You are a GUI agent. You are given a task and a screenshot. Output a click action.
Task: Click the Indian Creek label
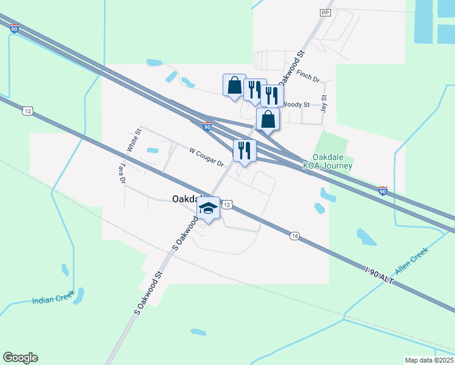54,298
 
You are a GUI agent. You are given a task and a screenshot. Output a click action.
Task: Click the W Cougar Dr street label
207,157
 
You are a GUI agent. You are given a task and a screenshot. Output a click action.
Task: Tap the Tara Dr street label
123,173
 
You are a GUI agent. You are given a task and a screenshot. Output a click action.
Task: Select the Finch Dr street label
308,78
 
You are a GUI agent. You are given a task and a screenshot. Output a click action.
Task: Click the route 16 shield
294,236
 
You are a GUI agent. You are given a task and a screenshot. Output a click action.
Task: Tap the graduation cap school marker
208,208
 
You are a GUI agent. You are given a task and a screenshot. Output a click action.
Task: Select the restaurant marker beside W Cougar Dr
245,150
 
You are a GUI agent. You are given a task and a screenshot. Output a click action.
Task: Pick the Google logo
20,358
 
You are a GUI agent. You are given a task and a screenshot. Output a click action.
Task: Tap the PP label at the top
325,12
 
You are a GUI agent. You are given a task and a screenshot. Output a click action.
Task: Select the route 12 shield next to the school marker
226,206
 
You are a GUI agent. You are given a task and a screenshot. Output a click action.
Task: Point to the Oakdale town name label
186,199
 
